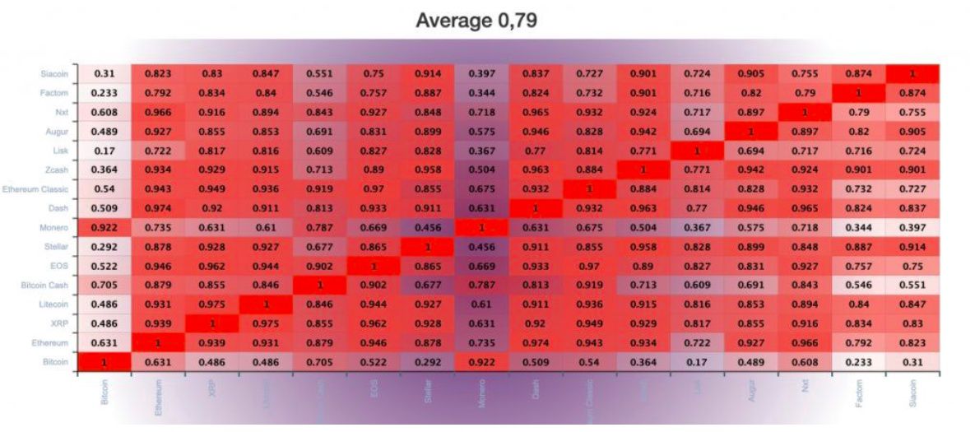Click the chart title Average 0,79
476,21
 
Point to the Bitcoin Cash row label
49,284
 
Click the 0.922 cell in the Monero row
104,225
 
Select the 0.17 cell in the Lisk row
104,151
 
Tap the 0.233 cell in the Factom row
104,93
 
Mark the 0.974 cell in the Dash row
158,207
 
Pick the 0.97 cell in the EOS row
590,265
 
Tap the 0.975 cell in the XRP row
266,323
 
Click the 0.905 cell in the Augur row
912,131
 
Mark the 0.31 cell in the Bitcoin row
912,361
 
